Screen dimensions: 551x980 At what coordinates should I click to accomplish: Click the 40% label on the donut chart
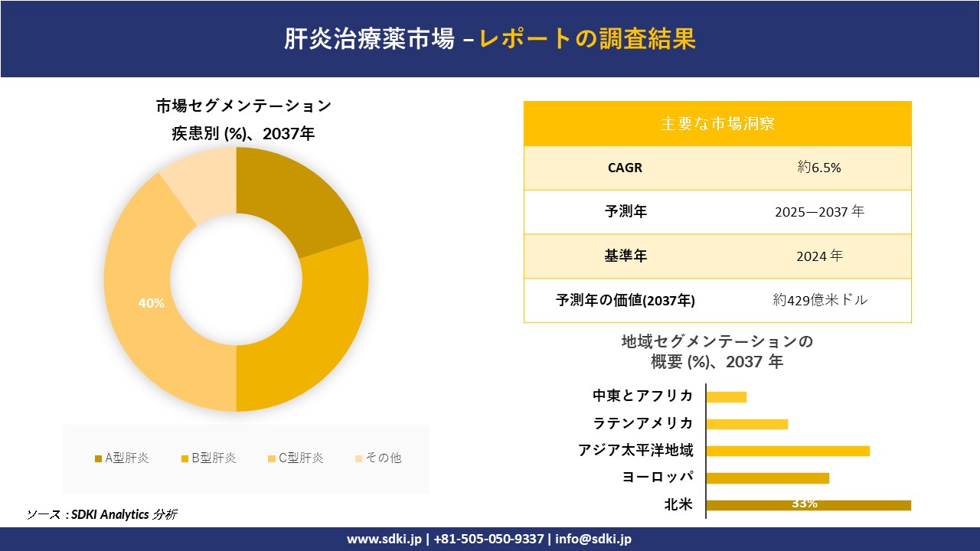[152, 303]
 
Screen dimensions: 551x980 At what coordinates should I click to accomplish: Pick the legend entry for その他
[378, 458]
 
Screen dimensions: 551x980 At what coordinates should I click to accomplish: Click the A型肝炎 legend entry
[122, 458]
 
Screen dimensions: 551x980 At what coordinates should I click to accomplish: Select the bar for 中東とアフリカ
[726, 396]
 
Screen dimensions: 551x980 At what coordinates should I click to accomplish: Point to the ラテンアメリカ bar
[746, 424]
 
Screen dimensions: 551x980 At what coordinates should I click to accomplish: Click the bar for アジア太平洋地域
[788, 451]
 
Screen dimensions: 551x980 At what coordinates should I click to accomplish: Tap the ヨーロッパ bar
[767, 478]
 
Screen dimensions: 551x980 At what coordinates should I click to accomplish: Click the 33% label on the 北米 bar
[805, 504]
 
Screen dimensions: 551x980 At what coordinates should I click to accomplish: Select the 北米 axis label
[678, 504]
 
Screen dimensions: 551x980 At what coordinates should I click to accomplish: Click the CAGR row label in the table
[625, 168]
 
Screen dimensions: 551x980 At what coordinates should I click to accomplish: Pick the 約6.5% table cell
[819, 168]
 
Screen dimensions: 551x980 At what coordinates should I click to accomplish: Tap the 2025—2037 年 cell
[819, 212]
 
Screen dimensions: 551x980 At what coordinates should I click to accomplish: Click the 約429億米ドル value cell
[820, 300]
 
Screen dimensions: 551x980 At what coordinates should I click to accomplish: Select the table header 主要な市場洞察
[717, 123]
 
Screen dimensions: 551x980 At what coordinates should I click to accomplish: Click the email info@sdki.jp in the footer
[594, 539]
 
